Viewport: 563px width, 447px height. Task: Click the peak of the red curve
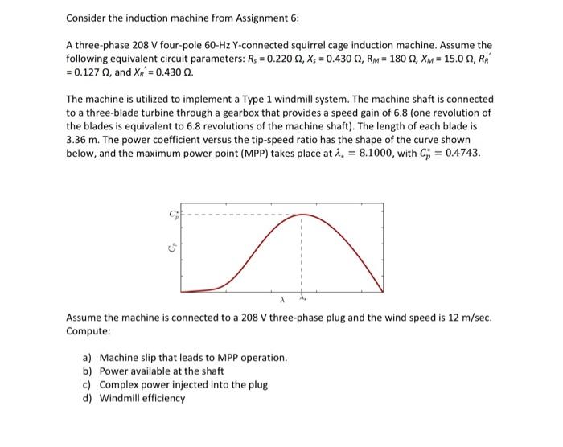[x=301, y=215]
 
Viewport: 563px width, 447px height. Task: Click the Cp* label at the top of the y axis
[x=171, y=214]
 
